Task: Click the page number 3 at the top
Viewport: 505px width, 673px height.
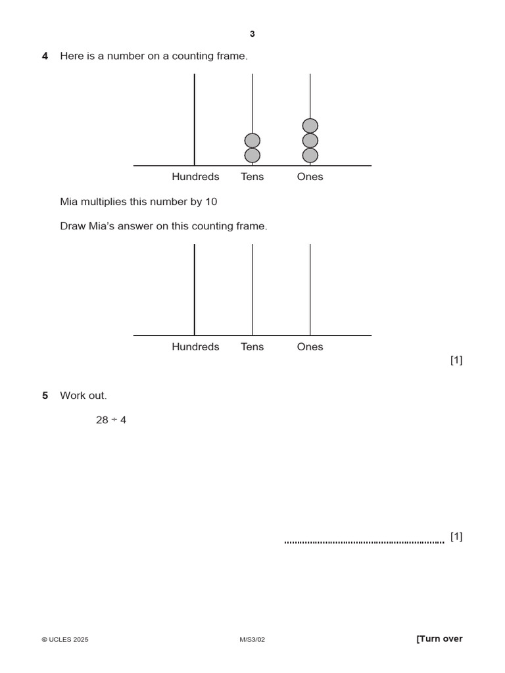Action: click(252, 34)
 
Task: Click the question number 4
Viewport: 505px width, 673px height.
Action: click(45, 57)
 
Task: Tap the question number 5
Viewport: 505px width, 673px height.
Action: click(45, 396)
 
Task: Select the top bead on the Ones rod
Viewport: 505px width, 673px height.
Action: click(310, 126)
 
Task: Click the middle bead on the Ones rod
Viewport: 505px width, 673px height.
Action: click(310, 141)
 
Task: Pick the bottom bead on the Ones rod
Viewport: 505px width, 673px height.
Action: click(310, 155)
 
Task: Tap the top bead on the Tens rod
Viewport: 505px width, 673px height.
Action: click(252, 141)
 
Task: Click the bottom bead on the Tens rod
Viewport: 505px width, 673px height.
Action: click(252, 155)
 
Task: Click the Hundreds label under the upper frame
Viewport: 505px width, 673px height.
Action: click(195, 177)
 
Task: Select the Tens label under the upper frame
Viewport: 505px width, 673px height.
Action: click(252, 177)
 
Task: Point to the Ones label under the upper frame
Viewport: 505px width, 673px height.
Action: click(310, 177)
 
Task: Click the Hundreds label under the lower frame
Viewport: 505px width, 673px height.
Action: click(195, 347)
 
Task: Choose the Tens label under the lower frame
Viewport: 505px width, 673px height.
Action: click(252, 347)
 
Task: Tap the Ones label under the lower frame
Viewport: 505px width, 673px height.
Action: click(310, 347)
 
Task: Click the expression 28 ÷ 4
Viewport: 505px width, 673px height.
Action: click(111, 420)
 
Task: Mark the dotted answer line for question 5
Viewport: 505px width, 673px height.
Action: click(364, 542)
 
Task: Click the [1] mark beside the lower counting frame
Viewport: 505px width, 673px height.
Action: click(456, 360)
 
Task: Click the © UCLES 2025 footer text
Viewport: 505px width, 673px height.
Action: click(65, 639)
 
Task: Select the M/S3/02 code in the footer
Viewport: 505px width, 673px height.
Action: click(252, 639)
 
